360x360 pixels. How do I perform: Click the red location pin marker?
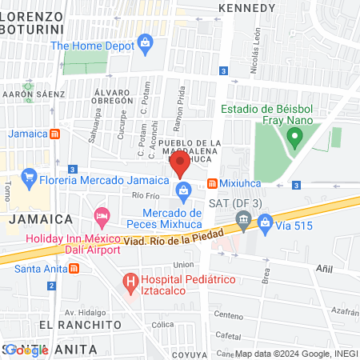[x=179, y=166]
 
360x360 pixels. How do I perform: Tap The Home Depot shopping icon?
[x=145, y=42]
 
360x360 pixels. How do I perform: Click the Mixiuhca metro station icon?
[x=212, y=182]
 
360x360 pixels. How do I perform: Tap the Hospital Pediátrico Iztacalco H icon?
[x=129, y=282]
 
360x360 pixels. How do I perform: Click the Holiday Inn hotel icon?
[x=102, y=215]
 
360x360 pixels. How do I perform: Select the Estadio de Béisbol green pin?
[x=294, y=138]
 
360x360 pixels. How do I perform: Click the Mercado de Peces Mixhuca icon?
[x=184, y=190]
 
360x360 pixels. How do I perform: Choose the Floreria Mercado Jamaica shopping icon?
[x=30, y=175]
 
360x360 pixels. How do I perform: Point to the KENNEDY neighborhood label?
[x=246, y=7]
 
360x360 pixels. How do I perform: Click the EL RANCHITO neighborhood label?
[x=79, y=325]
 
